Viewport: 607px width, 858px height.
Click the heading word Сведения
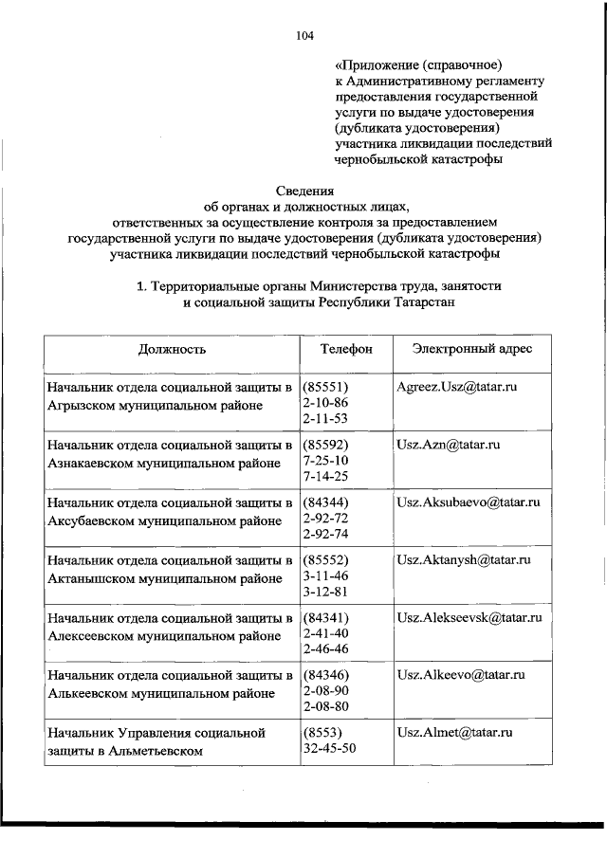tap(303, 191)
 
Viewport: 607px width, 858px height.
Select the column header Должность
tap(172, 349)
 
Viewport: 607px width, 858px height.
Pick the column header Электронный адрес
tap(472, 349)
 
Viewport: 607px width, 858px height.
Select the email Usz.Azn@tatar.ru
tap(449, 444)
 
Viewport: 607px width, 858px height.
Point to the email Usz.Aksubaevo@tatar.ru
tap(469, 502)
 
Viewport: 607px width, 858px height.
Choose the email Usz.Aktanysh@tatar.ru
tap(464, 559)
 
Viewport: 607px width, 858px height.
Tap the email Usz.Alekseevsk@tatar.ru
tap(469, 617)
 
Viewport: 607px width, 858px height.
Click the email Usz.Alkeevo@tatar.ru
tap(460, 675)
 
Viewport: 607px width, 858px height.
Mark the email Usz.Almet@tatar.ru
tap(454, 733)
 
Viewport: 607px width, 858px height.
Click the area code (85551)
tap(326, 388)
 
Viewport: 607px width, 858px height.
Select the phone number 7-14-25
tap(325, 476)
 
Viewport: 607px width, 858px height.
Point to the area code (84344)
tap(326, 502)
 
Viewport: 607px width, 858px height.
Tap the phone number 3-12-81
tap(325, 592)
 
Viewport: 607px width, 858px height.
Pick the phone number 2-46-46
tap(325, 649)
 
